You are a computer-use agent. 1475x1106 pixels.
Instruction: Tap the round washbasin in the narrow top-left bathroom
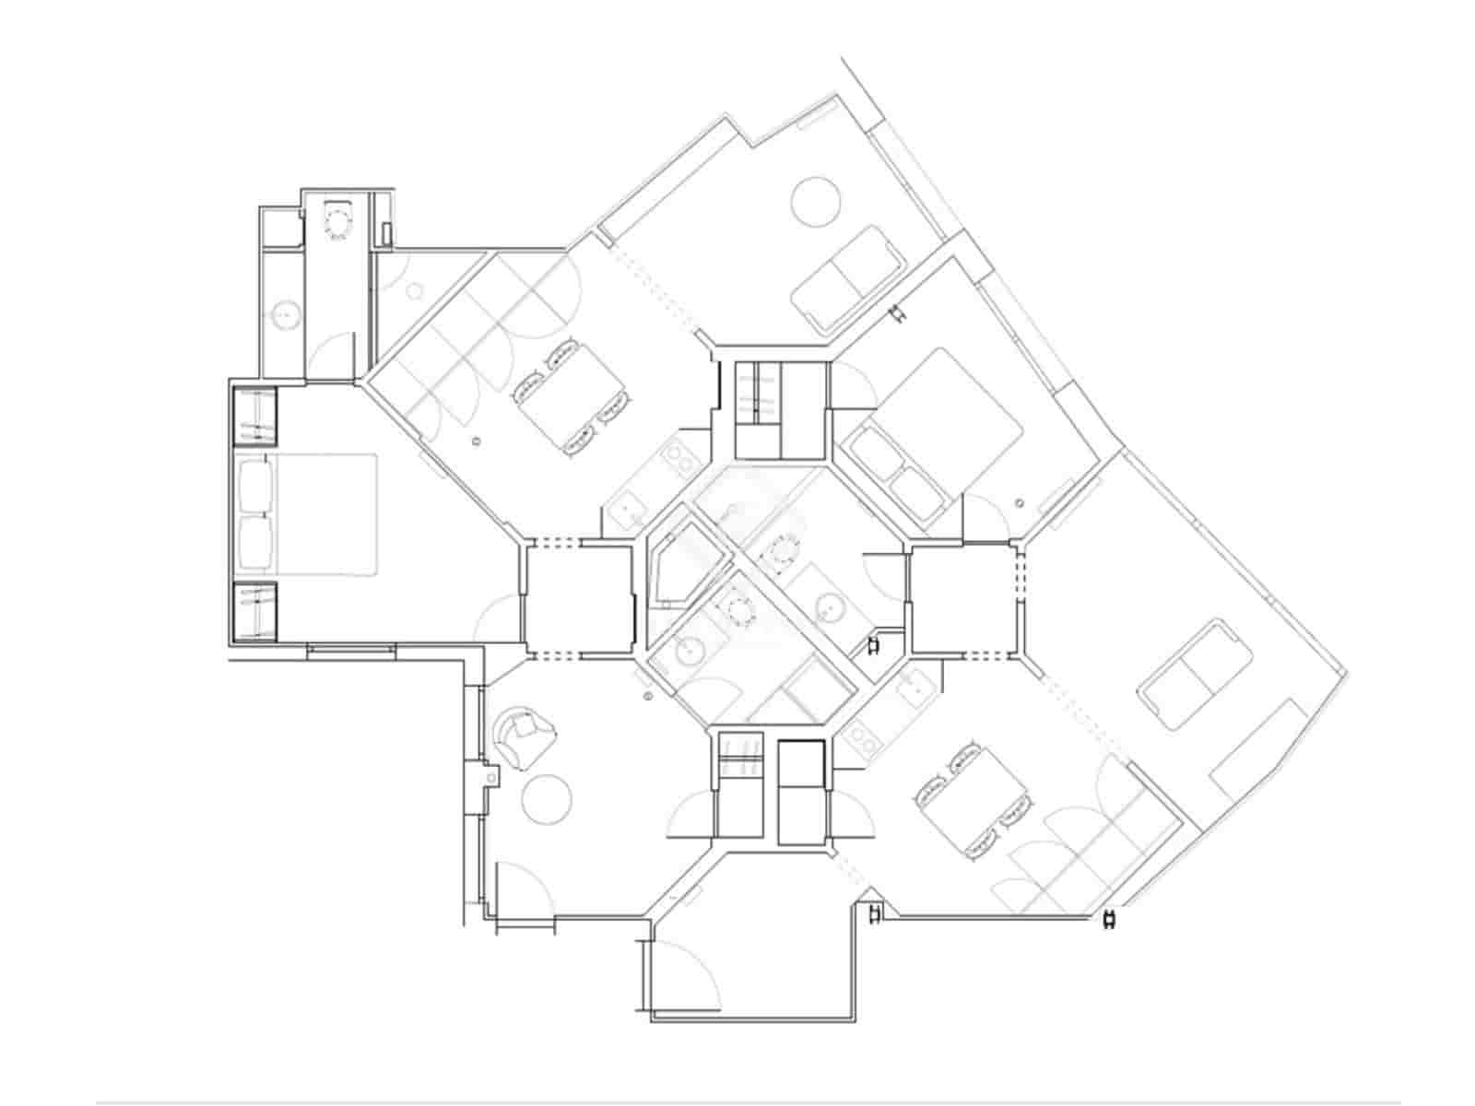coord(287,315)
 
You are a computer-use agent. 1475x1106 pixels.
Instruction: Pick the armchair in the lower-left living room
coord(525,738)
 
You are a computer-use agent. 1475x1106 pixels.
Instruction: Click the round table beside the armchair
coord(547,799)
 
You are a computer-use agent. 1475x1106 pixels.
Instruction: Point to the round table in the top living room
coord(817,201)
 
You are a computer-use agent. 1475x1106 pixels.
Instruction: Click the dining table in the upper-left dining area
coord(572,397)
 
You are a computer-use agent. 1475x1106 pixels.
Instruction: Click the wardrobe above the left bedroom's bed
coord(254,416)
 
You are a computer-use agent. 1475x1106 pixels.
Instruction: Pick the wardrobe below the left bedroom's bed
coord(254,611)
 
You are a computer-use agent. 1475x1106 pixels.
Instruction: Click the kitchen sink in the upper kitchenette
coord(630,507)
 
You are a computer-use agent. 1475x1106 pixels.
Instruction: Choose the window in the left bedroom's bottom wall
coord(351,650)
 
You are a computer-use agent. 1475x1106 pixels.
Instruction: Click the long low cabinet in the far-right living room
coord(1259,748)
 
